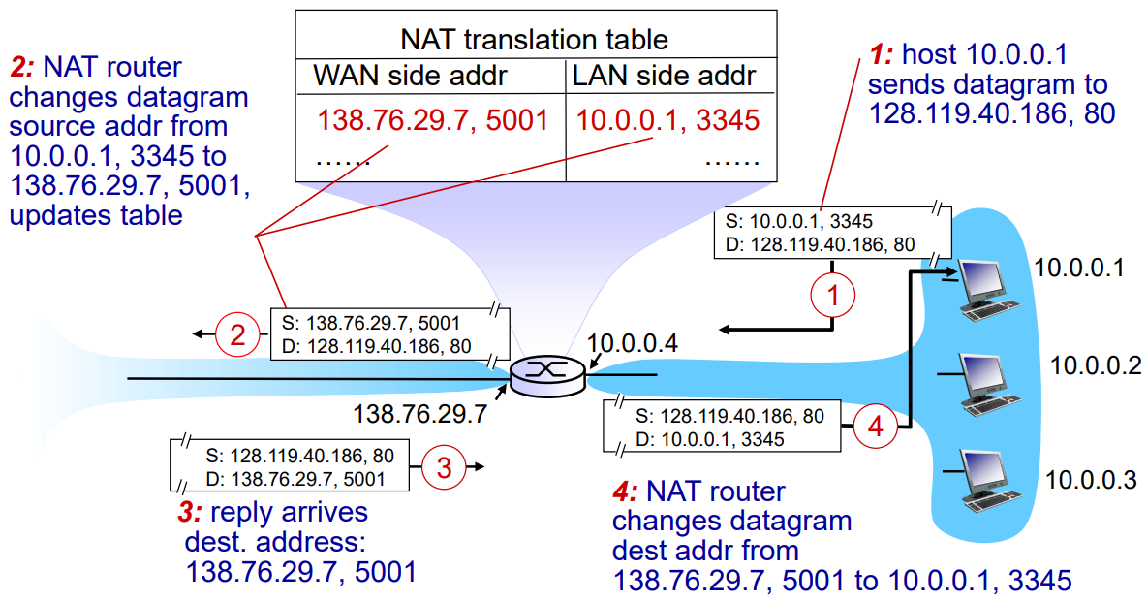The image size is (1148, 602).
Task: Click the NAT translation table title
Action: click(x=535, y=39)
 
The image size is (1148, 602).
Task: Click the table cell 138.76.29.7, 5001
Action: click(x=433, y=119)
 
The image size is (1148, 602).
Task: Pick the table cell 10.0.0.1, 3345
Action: click(x=667, y=119)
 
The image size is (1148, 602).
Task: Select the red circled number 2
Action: click(x=236, y=335)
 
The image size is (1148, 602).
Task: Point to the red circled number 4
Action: click(x=875, y=427)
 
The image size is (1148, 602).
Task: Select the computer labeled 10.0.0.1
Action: click(x=987, y=287)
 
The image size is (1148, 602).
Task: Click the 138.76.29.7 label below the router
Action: click(x=419, y=414)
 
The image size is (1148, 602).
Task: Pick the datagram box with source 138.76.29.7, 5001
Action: click(x=388, y=333)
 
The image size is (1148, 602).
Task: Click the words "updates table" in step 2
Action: click(x=96, y=215)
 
